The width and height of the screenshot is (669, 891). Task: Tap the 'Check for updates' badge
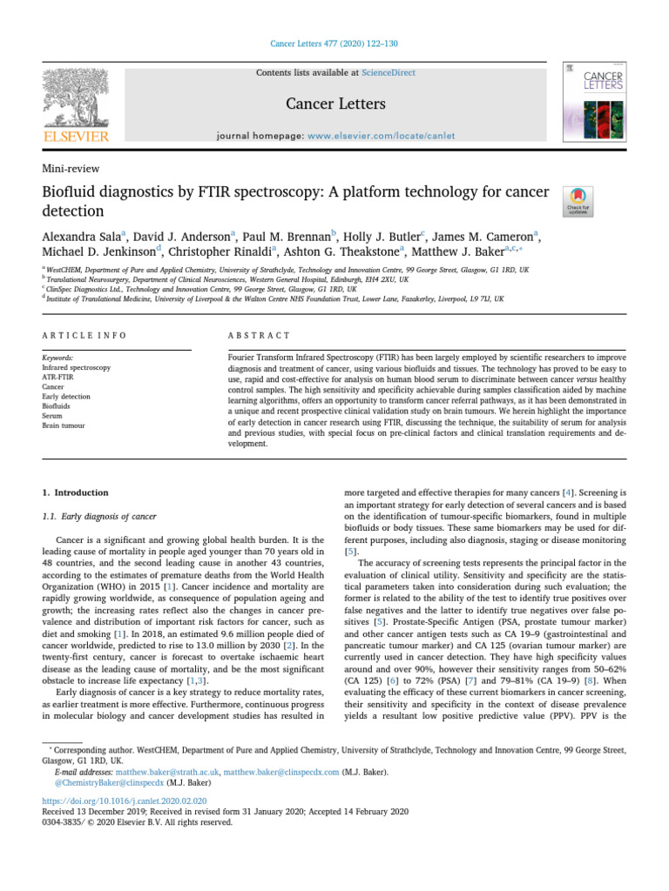click(579, 201)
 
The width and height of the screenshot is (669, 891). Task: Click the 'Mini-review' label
click(71, 169)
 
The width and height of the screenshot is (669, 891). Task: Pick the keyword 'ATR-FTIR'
click(58, 378)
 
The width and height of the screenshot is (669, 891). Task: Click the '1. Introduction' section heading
click(76, 492)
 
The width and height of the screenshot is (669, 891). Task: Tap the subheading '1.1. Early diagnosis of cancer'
click(99, 517)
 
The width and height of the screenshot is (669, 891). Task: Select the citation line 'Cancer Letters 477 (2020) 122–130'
click(334, 44)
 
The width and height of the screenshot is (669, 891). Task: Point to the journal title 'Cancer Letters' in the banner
click(335, 104)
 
